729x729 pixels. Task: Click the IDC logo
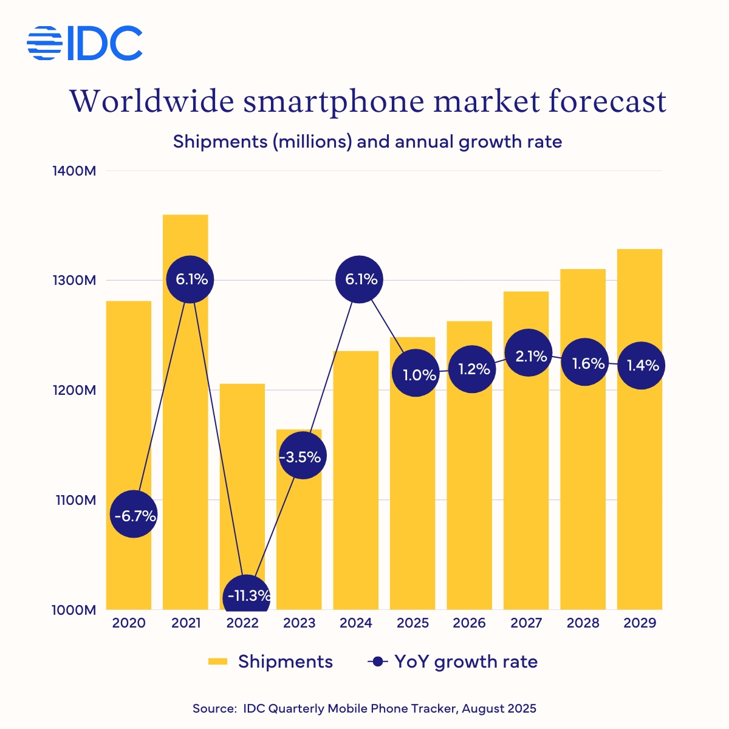(85, 43)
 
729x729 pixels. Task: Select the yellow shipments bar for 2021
(185, 425)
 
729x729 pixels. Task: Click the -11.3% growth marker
(247, 596)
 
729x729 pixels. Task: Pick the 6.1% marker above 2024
(360, 279)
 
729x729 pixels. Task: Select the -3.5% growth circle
(303, 456)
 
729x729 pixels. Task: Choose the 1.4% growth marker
(642, 365)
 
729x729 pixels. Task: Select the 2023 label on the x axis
(299, 623)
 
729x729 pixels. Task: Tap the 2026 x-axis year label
(469, 623)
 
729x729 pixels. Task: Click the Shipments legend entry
(271, 662)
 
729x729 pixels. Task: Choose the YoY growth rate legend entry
(453, 662)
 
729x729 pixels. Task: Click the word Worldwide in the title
(152, 101)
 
